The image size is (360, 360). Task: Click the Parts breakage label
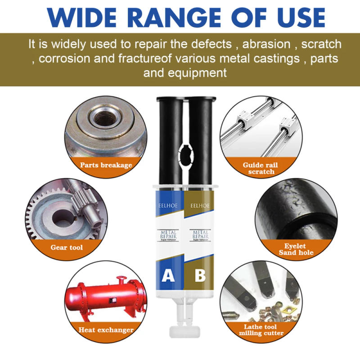click(x=106, y=165)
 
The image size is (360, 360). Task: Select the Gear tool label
click(x=67, y=247)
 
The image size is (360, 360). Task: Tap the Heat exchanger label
click(x=106, y=330)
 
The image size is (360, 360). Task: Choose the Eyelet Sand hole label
click(x=295, y=249)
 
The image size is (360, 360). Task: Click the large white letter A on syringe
click(x=168, y=274)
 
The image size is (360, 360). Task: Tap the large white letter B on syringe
click(x=200, y=274)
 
